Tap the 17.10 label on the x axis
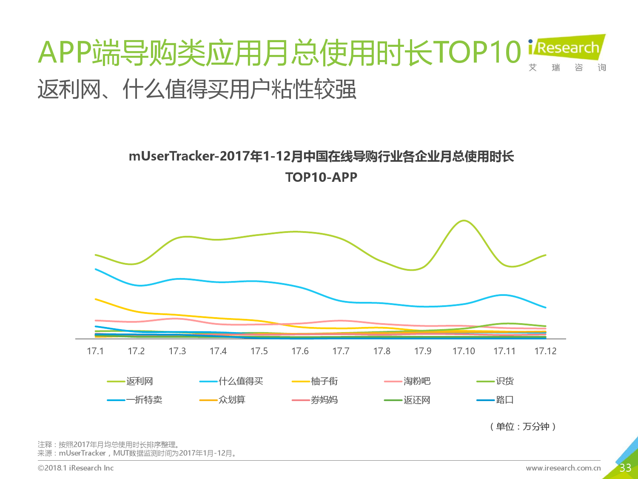[x=464, y=351]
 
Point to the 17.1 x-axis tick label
[x=95, y=351]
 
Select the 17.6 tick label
[x=300, y=351]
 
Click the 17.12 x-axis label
[x=545, y=351]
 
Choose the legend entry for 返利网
[x=130, y=381]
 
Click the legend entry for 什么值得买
[x=231, y=381]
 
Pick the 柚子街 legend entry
[x=315, y=381]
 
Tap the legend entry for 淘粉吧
[x=407, y=381]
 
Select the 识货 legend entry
[x=495, y=381]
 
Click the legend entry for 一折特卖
[x=134, y=400]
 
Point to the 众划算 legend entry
[x=222, y=400]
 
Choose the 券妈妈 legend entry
[x=315, y=400]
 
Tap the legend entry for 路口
[x=495, y=400]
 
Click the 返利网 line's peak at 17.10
[x=464, y=221]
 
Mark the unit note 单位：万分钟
[x=523, y=427]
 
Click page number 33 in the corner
[x=625, y=468]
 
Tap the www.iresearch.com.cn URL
[x=563, y=468]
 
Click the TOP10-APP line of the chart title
[x=321, y=177]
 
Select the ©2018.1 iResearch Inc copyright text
[x=76, y=468]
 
